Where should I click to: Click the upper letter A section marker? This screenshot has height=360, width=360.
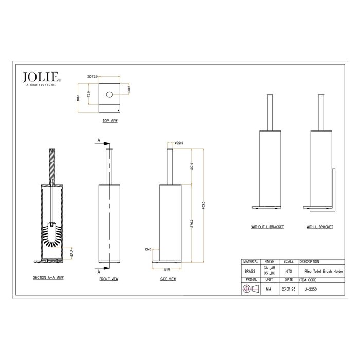point(99,139)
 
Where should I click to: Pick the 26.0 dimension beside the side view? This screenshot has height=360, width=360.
point(148,249)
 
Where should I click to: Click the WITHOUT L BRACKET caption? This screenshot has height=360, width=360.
point(267,227)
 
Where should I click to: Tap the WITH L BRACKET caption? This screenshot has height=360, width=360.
point(321,227)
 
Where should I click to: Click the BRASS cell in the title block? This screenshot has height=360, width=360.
point(250,272)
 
